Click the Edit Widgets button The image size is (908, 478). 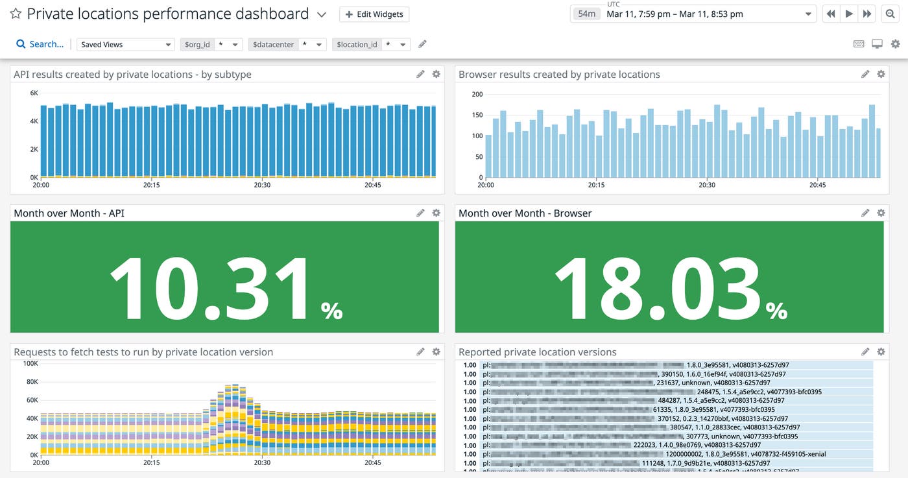point(374,14)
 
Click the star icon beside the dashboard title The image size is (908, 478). point(16,14)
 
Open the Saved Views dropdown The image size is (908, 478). point(126,44)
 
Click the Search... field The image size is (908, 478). point(40,44)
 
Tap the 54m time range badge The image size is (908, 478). point(586,14)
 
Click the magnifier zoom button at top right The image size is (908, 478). point(890,14)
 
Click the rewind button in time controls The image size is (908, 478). point(831,14)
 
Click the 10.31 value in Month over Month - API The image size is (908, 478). point(211,288)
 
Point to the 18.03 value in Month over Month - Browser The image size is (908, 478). point(656,288)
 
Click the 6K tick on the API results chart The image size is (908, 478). point(34,93)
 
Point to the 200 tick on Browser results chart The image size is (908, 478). point(477,95)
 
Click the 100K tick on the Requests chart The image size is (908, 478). point(30,364)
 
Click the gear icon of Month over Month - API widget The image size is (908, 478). point(436,213)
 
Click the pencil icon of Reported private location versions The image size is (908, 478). point(865,352)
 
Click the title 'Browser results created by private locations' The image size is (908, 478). point(559,75)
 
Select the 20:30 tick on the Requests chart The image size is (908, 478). point(262,463)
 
